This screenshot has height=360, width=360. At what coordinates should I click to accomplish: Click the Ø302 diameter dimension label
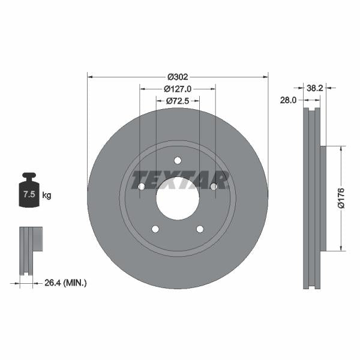pos(178,77)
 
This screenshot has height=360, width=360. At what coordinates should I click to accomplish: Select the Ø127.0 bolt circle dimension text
pos(178,89)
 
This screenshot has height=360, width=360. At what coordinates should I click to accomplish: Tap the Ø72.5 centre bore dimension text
pos(178,101)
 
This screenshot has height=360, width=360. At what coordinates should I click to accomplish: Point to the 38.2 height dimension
pos(315,88)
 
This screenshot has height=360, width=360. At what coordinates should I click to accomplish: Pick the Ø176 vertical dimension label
pos(341,198)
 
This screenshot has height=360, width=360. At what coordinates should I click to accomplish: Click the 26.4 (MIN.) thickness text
pos(66,282)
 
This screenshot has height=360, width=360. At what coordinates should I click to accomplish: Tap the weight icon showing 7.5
pos(29,192)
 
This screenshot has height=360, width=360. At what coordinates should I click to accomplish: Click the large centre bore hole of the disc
pos(178,199)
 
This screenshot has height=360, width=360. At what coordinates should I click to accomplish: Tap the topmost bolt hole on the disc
pos(178,160)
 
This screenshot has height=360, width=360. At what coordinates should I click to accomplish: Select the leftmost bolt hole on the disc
pos(142,187)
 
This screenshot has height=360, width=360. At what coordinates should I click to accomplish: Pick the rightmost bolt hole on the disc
pos(214,187)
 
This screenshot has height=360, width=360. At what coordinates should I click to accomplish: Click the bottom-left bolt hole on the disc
pos(155,229)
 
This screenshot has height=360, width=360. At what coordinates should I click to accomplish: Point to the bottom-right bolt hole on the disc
pos(200,229)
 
